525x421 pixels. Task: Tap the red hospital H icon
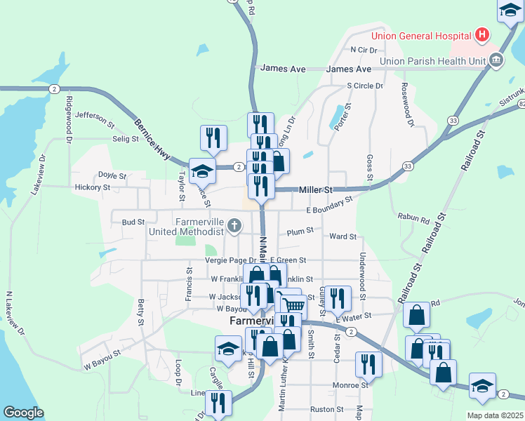pos(482,34)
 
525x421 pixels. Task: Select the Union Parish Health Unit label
pos(433,61)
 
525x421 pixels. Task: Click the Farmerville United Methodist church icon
pos(234,227)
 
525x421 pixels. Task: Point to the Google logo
pos(23,413)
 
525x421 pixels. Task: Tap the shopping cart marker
pos(294,304)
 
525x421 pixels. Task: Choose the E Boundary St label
pos(328,207)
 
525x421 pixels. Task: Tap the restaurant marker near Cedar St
pos(338,298)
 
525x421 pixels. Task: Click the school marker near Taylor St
pos(202,170)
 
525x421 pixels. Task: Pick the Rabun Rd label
pos(413,219)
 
